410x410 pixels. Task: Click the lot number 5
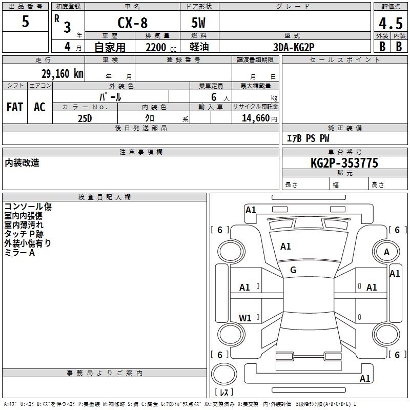tap(25, 21)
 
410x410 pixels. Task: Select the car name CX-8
tap(132, 23)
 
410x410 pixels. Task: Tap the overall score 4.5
tap(391, 23)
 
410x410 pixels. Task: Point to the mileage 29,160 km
tap(63, 74)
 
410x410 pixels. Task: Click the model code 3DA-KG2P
tap(294, 47)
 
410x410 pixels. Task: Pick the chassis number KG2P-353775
tap(344, 163)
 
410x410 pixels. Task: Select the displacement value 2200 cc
tap(161, 47)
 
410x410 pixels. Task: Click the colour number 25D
tap(85, 118)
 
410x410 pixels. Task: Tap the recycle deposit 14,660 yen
tap(259, 118)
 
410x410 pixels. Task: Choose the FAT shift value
tap(15, 107)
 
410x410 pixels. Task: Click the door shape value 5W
tap(198, 23)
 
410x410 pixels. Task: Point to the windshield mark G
tap(293, 270)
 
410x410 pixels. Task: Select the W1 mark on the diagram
tap(245, 318)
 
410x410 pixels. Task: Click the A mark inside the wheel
tap(386, 252)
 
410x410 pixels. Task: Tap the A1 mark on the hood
tap(285, 247)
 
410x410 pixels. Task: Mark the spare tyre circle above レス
tap(224, 374)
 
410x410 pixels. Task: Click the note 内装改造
tap(22, 162)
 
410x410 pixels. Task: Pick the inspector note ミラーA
tap(19, 253)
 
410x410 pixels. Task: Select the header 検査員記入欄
tap(105, 197)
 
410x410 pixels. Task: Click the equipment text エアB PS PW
tap(308, 138)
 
